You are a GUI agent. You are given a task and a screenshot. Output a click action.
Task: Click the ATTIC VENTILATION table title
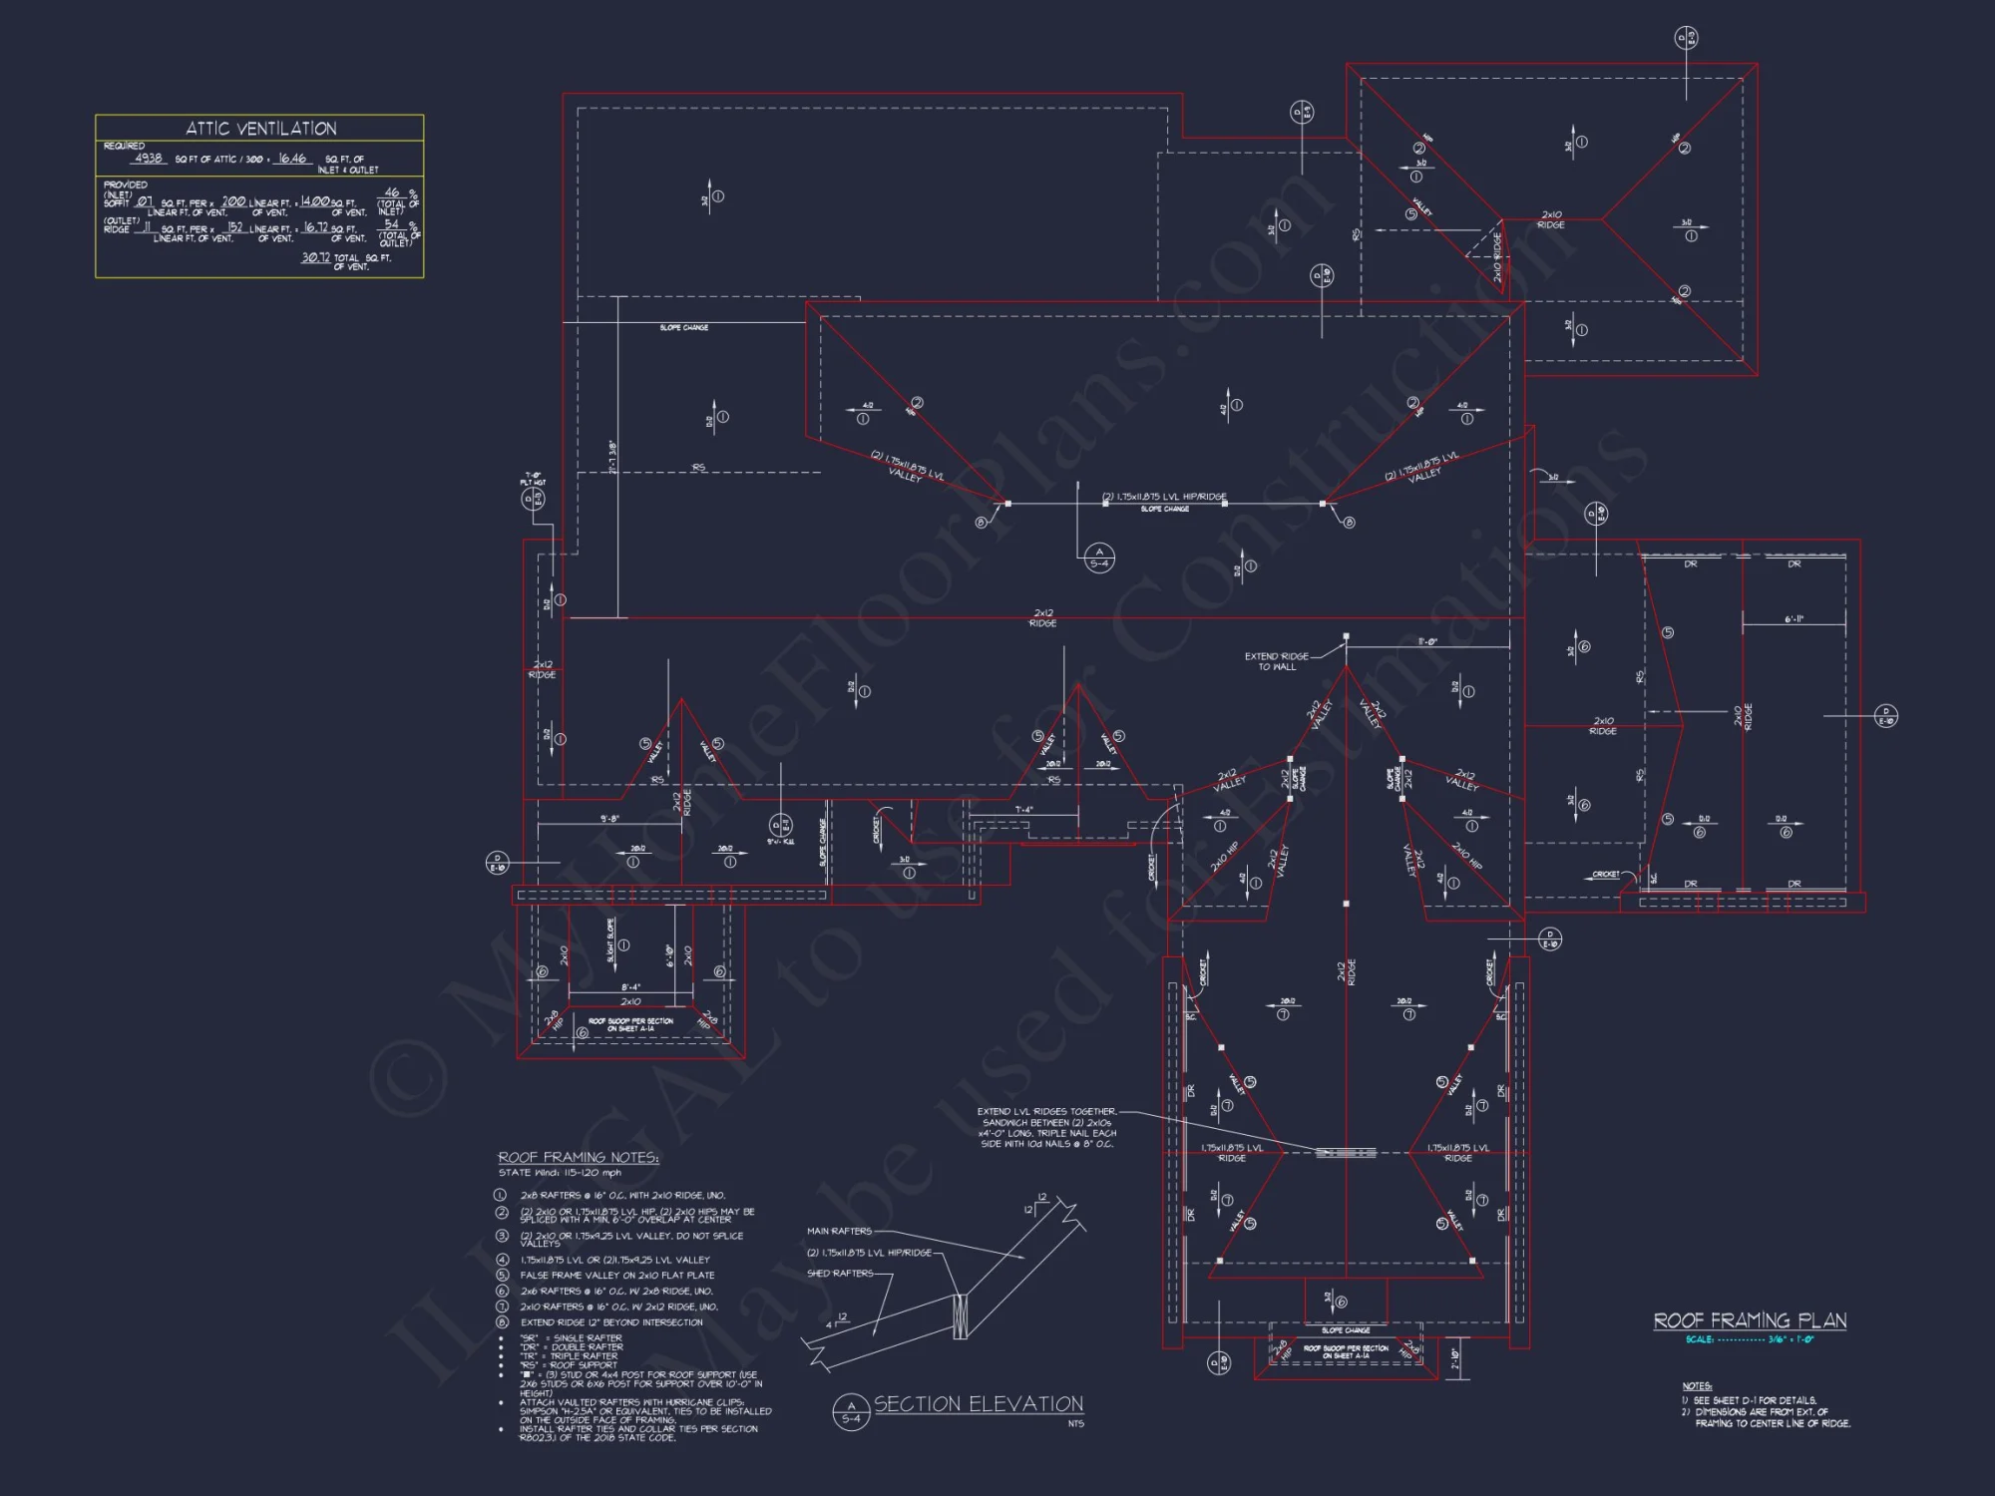pyautogui.click(x=261, y=129)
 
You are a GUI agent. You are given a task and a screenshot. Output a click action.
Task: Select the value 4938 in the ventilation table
pyautogui.click(x=148, y=159)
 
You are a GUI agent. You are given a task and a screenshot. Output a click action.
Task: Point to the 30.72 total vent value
pyautogui.click(x=316, y=257)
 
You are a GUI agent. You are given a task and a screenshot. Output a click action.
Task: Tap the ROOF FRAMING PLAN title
pyautogui.click(x=1750, y=1320)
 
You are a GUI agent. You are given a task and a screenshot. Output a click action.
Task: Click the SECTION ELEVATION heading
pyautogui.click(x=979, y=1404)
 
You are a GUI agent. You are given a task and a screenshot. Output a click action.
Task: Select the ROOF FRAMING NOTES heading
pyautogui.click(x=579, y=1157)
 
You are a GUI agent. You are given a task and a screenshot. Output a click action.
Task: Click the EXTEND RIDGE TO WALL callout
pyautogui.click(x=1276, y=661)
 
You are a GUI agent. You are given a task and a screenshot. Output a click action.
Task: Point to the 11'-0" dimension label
pyautogui.click(x=1427, y=642)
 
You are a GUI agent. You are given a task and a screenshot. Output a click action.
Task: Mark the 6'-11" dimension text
pyautogui.click(x=1794, y=619)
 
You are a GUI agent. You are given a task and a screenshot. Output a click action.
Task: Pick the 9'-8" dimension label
pyautogui.click(x=609, y=819)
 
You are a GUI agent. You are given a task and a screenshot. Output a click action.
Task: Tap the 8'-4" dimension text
pyautogui.click(x=631, y=987)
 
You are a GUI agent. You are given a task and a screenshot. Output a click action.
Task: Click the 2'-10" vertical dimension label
pyautogui.click(x=1455, y=1358)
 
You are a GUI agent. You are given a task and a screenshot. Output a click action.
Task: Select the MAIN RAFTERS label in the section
pyautogui.click(x=839, y=1231)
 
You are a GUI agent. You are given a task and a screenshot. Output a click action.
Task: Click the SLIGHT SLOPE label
pyautogui.click(x=610, y=940)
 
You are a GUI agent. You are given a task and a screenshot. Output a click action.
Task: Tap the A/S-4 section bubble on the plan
pyautogui.click(x=1099, y=558)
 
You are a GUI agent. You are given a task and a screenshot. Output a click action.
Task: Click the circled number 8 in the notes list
pyautogui.click(x=502, y=1322)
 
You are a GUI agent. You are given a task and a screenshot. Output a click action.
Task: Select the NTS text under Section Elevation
pyautogui.click(x=1075, y=1424)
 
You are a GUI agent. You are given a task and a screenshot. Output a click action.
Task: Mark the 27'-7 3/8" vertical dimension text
pyautogui.click(x=612, y=457)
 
